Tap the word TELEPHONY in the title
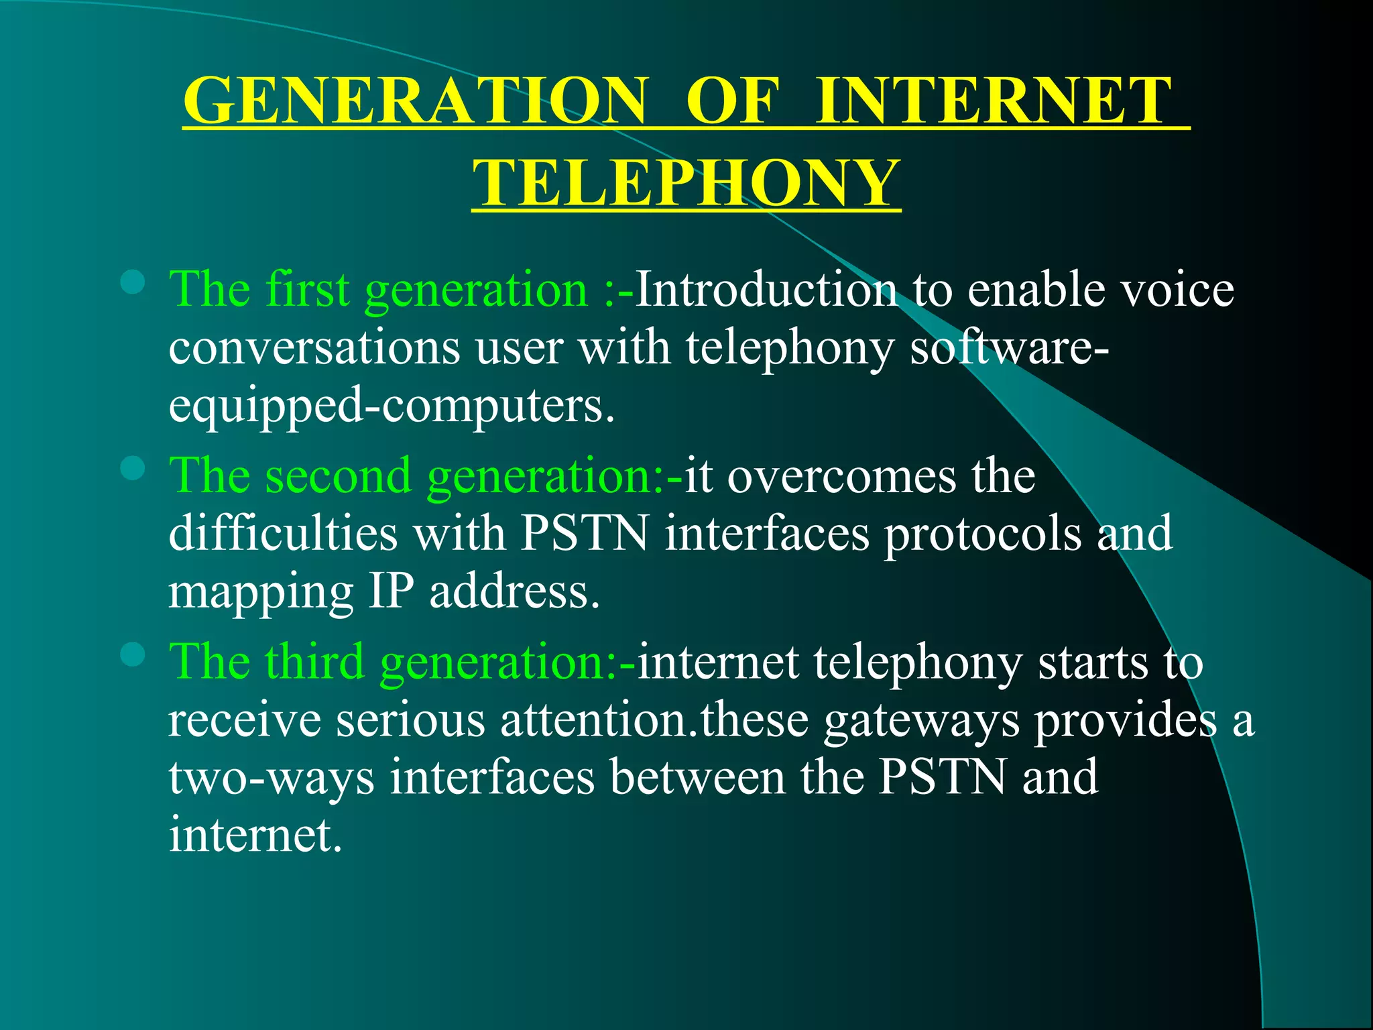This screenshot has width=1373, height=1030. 686,183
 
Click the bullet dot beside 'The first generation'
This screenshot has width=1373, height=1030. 133,282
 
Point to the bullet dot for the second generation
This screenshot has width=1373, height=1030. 133,468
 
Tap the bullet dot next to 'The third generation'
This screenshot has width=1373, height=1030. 133,654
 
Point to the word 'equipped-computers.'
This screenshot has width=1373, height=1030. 392,406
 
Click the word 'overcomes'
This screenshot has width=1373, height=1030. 842,475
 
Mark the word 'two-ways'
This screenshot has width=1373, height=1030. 271,779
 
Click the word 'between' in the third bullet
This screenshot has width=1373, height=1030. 697,777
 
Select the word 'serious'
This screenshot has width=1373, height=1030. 410,720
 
